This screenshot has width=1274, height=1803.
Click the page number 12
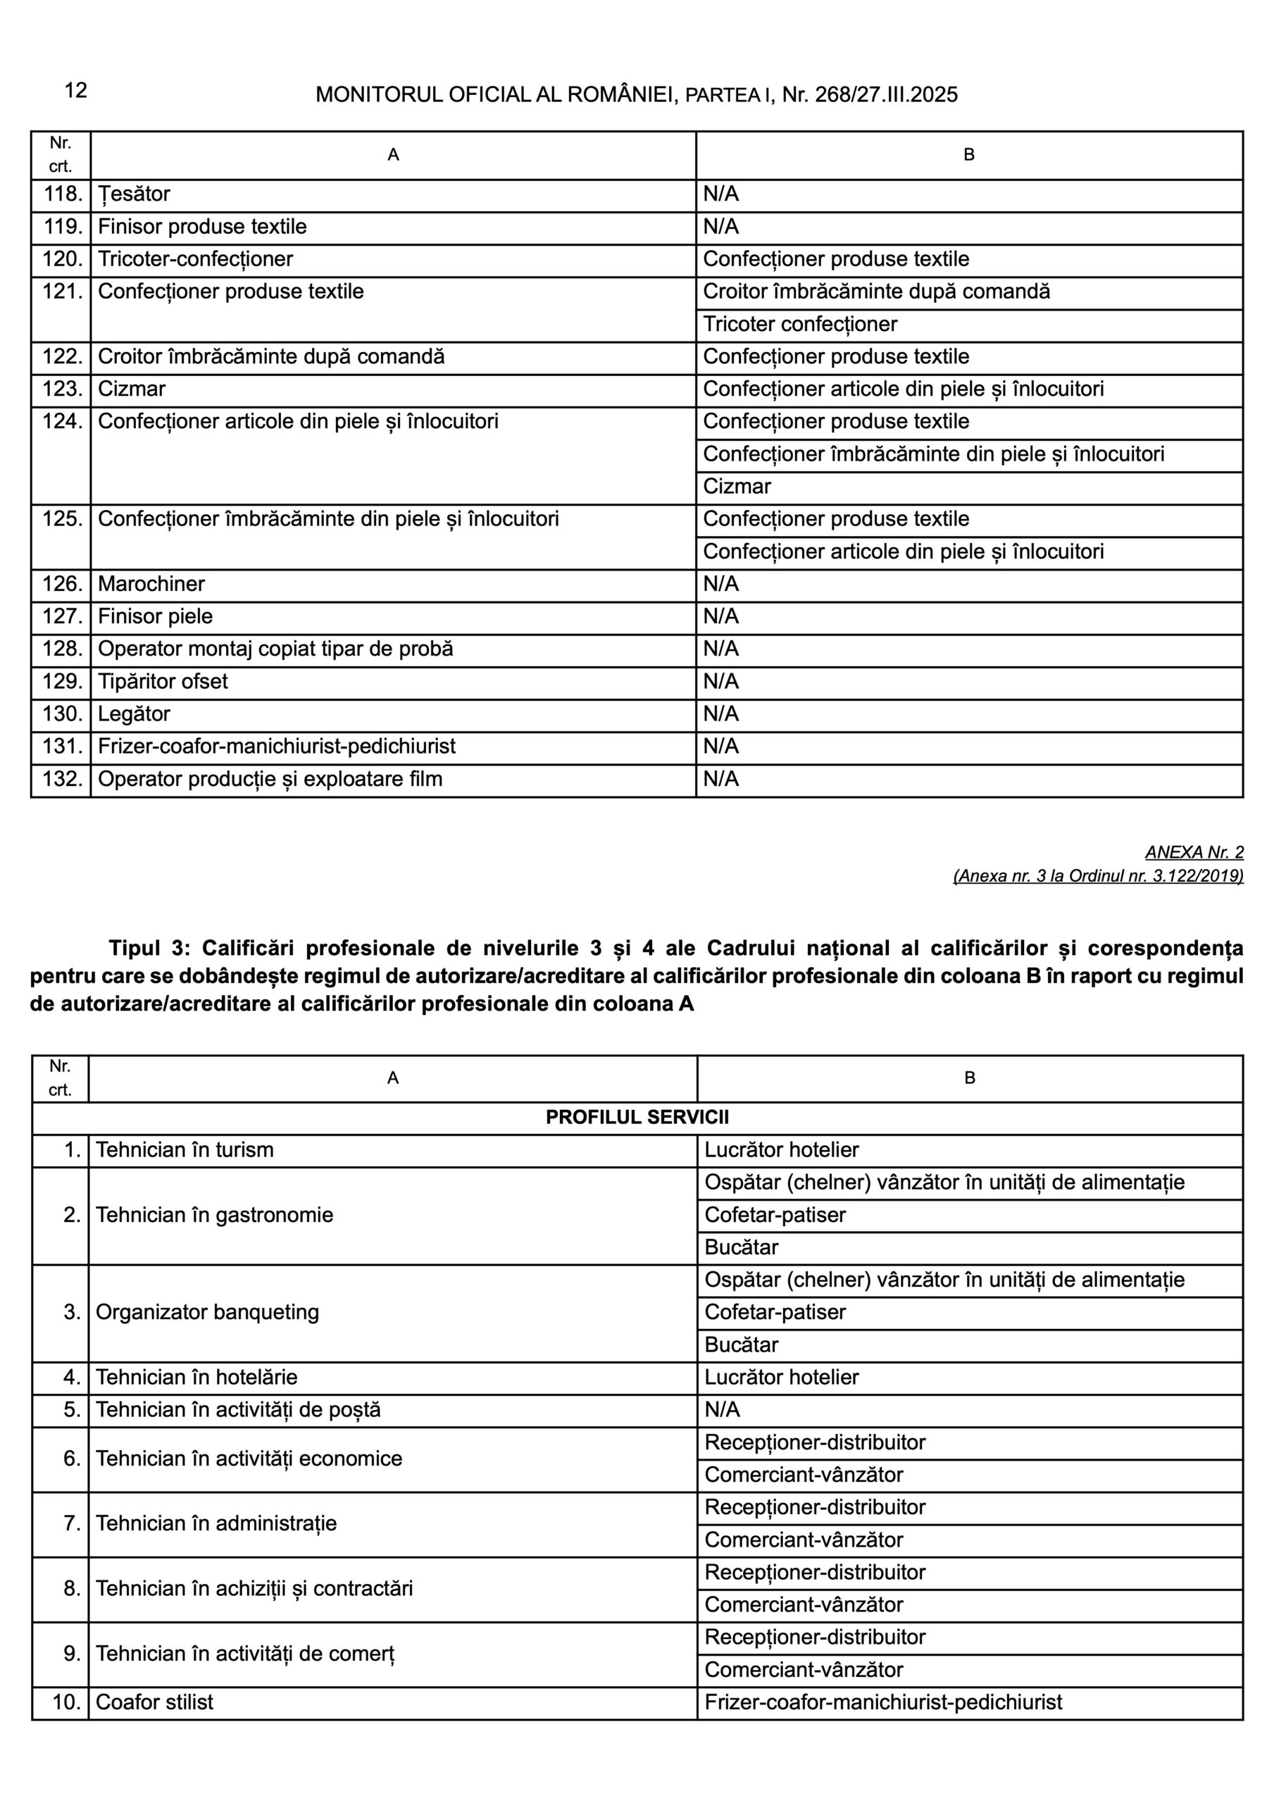point(75,90)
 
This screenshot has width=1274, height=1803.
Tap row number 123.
point(62,389)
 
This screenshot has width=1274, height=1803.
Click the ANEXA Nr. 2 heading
point(1194,852)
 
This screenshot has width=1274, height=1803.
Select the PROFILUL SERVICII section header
point(636,1118)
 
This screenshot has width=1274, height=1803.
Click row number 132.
point(62,779)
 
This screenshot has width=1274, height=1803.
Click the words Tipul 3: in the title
point(149,948)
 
